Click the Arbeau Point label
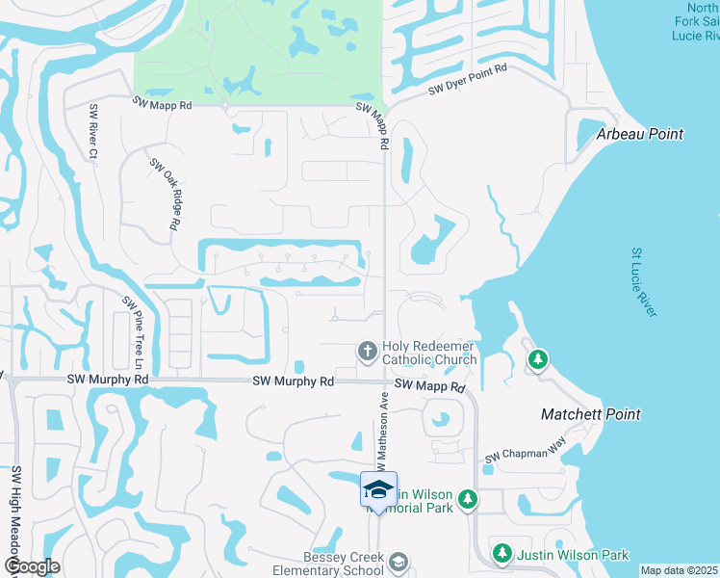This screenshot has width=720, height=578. click(x=640, y=134)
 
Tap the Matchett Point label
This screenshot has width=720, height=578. click(x=590, y=414)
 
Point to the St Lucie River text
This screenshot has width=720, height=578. click(x=643, y=282)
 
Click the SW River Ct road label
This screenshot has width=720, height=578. click(x=93, y=131)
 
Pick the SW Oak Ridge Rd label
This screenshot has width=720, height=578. click(x=165, y=193)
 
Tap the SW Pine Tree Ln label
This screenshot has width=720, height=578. click(x=132, y=333)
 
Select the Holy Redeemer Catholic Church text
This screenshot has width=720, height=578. click(x=429, y=353)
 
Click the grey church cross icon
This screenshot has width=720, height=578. click(x=366, y=352)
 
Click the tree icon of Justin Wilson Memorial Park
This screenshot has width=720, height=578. click(x=467, y=498)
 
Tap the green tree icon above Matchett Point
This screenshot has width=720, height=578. click(x=538, y=360)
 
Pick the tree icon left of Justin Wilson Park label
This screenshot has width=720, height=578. click(x=501, y=554)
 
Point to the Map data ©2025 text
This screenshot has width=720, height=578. click(x=680, y=570)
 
